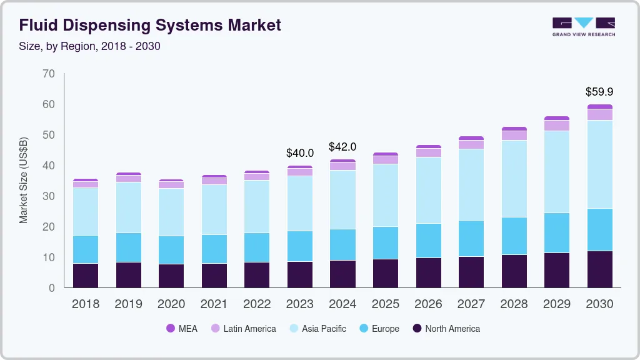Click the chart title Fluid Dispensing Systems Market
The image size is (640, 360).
click(x=150, y=25)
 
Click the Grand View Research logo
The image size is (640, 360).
click(x=583, y=26)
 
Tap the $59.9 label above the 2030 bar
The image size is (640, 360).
click(x=599, y=92)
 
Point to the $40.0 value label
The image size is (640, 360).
click(x=299, y=152)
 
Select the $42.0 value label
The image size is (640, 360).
click(x=342, y=147)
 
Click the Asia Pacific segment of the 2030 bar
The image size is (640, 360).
click(x=599, y=164)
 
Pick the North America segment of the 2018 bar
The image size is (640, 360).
click(x=86, y=276)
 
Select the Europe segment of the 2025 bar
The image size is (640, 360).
click(x=386, y=242)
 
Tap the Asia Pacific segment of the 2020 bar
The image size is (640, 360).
click(x=171, y=212)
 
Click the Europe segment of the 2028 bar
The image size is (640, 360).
click(x=514, y=236)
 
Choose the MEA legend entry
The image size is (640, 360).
click(x=182, y=328)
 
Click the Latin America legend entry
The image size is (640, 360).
click(x=244, y=328)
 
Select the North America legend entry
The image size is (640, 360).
click(x=446, y=328)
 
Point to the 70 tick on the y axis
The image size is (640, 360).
click(x=49, y=74)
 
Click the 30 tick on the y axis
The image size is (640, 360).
click(x=49, y=196)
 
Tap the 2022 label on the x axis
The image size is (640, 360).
click(x=257, y=304)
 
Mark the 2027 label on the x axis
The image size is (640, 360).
click(x=471, y=304)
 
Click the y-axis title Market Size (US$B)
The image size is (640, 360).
click(x=24, y=180)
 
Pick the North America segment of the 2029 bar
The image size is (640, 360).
click(x=557, y=270)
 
